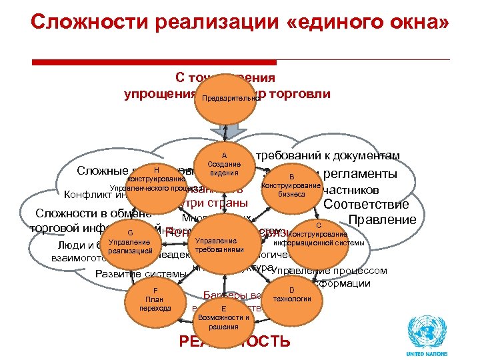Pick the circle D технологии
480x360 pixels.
[292, 295]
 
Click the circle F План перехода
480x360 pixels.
[155, 299]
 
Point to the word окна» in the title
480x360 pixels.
[417, 24]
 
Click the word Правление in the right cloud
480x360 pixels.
[383, 220]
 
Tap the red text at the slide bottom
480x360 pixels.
[235, 341]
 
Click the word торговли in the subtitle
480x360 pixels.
[299, 94]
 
